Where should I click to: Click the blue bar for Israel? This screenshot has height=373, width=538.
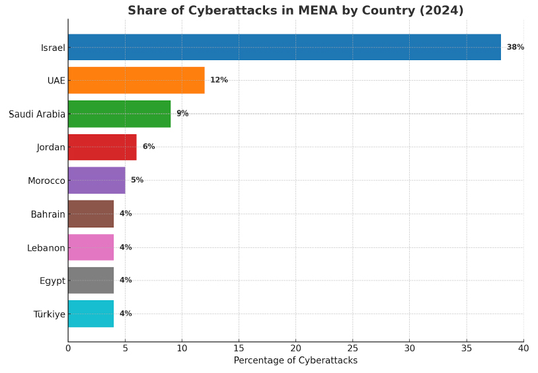284,47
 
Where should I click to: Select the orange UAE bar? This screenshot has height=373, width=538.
136,80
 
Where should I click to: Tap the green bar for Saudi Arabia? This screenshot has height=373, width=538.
119,114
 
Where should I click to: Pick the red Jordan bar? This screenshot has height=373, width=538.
102,147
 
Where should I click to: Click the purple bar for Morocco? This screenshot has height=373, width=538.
96,180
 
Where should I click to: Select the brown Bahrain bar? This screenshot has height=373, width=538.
91,214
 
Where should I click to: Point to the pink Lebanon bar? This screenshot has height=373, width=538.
91,247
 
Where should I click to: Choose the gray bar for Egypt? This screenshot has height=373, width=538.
91,280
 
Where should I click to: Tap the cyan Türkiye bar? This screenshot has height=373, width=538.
91,313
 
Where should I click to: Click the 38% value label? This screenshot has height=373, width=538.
516,47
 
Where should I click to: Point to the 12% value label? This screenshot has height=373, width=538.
219,80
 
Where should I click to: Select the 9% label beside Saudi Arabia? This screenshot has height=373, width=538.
182,114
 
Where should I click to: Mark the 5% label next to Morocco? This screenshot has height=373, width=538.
137,180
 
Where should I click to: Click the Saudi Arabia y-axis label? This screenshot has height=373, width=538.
37,114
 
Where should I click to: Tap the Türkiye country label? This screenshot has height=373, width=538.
50,314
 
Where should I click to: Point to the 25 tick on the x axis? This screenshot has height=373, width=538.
353,348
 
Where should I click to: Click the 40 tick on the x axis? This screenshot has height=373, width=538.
523,348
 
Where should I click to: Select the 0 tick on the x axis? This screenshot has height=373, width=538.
68,348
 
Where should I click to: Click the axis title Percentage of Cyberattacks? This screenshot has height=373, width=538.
295,360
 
